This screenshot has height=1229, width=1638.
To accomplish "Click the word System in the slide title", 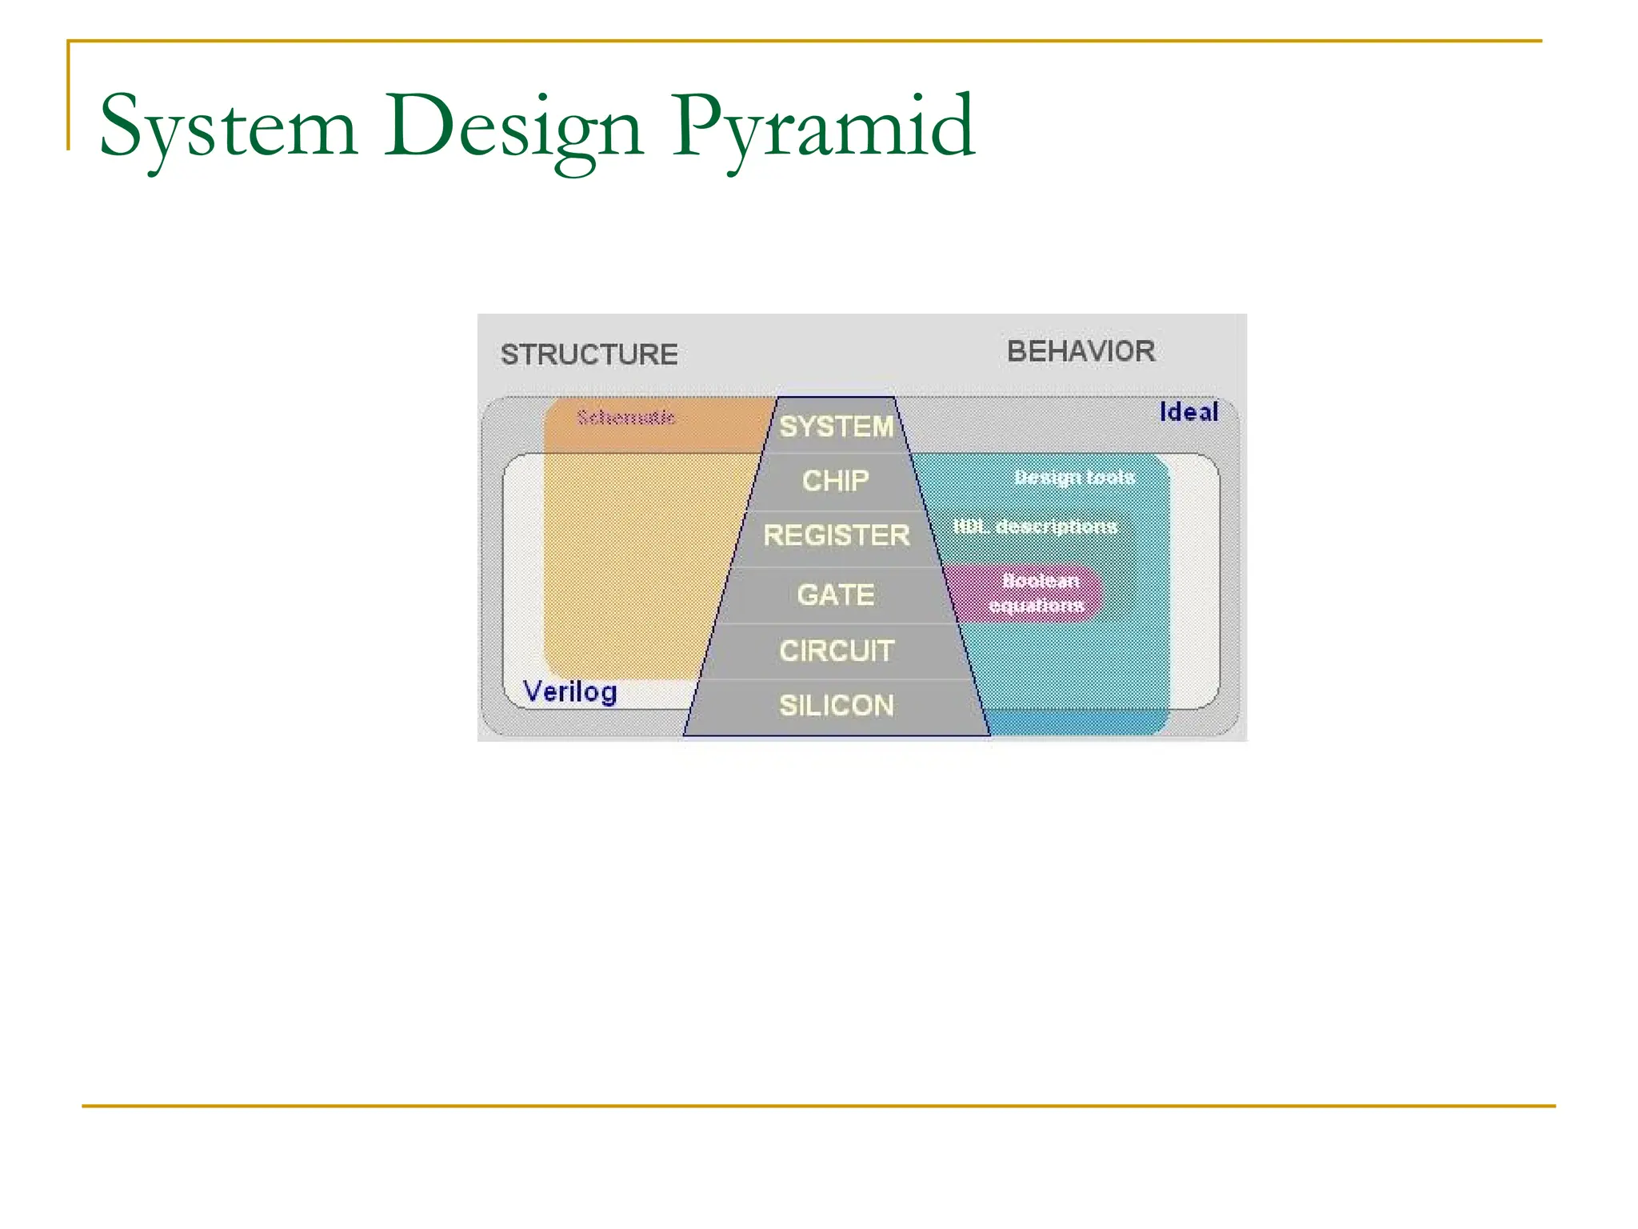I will pos(228,128).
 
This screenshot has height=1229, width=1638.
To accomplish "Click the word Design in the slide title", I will pos(513,128).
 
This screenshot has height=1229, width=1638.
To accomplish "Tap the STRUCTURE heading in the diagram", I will pos(589,354).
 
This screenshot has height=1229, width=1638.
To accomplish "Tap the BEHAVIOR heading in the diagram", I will pos(1081,351).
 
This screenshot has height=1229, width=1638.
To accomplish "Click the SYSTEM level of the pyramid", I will pos(836,426).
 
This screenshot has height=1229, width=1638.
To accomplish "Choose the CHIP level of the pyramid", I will pos(835,481).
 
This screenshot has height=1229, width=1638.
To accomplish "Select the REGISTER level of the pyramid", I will pos(836,535).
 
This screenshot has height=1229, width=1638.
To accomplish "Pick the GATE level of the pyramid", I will pos(835,594).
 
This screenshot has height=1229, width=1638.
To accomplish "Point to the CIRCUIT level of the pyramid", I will pos(836,651).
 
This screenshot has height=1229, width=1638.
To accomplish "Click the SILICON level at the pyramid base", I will pos(836,706).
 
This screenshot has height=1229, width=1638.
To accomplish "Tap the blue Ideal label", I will pos(1189,412).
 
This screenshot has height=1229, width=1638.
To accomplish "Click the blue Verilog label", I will pos(569,691).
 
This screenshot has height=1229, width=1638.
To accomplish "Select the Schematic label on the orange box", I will pos(626,418).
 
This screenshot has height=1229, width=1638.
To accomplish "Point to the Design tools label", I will pos(1074,478).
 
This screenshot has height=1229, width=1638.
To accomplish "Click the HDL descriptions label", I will pos(1035,526).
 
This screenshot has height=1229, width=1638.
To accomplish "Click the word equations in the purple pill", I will pos(1037,606).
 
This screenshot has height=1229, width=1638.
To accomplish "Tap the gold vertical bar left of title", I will pos(69,96).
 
